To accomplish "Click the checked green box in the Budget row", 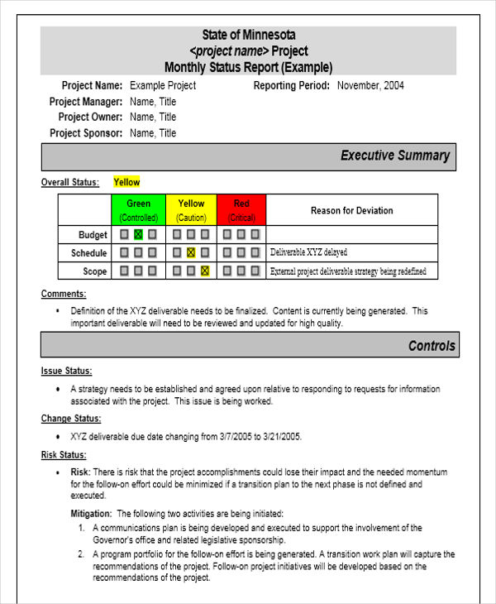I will click(138, 235).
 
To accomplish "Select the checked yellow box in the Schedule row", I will click(191, 253).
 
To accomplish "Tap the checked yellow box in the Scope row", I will click(205, 271).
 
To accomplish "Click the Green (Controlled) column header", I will click(138, 210).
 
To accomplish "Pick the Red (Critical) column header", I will click(241, 210).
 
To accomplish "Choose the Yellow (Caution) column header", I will click(191, 210).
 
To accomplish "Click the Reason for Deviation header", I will click(351, 210).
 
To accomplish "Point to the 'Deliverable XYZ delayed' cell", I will click(309, 252).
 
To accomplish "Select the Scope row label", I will click(94, 271).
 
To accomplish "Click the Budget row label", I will click(93, 235).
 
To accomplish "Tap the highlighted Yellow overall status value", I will click(126, 182).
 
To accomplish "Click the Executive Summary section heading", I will click(395, 156).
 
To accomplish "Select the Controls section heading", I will click(432, 346).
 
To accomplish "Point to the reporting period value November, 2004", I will click(370, 85).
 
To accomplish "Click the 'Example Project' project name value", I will click(163, 85).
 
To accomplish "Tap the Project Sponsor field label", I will click(86, 133).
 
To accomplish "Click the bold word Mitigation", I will click(91, 513).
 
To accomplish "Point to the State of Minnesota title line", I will click(248, 35).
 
